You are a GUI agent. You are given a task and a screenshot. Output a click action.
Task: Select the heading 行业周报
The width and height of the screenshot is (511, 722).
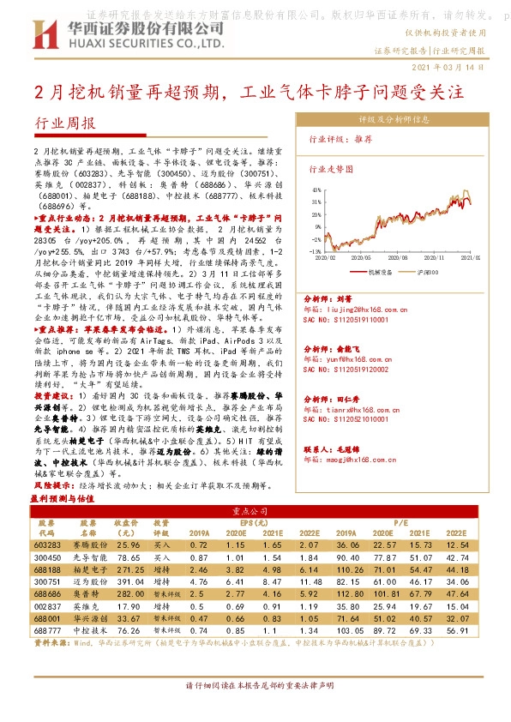coord(65,124)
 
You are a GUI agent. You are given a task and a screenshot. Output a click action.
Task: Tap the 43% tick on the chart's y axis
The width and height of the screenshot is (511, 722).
coord(317,190)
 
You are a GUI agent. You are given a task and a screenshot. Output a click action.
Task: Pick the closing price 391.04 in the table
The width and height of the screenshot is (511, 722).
coord(127,581)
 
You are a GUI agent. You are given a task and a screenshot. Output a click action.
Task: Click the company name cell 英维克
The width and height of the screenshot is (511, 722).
coord(89,605)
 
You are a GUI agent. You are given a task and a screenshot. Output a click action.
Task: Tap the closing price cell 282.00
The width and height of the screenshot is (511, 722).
coord(127,593)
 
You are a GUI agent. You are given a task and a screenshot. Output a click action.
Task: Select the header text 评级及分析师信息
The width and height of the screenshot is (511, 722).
coord(400,119)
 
